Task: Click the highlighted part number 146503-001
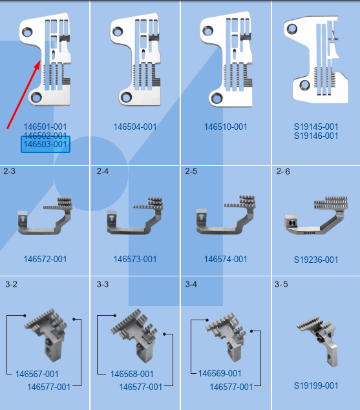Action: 45,144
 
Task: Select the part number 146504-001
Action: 135,127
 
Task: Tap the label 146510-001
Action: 226,127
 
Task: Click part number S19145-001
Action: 316,127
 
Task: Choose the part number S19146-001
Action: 316,136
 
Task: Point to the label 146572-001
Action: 45,259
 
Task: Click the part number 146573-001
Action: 135,259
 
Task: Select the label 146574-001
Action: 226,259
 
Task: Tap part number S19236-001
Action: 316,260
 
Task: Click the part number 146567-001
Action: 37,374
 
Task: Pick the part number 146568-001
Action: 132,374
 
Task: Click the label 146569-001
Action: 220,373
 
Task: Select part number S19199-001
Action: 316,385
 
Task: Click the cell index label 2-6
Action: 283,172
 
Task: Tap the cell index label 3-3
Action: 103,284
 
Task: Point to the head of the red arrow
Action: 40,61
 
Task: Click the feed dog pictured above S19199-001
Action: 317,340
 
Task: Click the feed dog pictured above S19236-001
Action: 316,215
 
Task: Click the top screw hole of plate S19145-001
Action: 292,29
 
